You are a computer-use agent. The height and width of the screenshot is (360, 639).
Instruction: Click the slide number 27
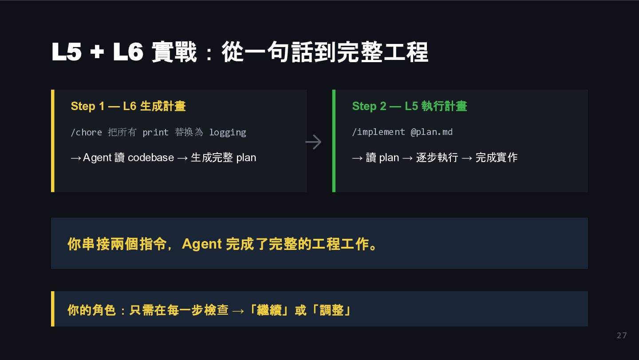pos(622,336)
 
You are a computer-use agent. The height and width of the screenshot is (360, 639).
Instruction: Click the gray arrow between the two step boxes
pos(313,142)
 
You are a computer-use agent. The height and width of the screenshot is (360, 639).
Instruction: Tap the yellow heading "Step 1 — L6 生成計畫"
pos(128,106)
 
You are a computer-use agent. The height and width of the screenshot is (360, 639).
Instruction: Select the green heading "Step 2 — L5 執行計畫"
pos(409,106)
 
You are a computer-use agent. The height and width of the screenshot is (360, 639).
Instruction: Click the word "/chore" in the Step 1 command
pos(86,132)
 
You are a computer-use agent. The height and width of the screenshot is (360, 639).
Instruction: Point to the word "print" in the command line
pos(155,132)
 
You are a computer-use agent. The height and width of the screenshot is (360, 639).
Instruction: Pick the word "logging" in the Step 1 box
pos(227,132)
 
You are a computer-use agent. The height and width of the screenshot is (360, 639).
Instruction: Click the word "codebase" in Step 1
pos(151,158)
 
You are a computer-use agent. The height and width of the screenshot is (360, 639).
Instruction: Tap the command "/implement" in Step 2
pos(378,132)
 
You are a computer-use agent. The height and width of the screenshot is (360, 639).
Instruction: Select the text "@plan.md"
pos(431,132)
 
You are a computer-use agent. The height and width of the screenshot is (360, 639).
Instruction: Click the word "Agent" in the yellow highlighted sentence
pos(201,244)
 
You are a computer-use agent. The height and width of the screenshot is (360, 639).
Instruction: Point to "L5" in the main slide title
pos(67,52)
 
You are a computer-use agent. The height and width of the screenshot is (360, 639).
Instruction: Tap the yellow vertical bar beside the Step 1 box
pos(53,141)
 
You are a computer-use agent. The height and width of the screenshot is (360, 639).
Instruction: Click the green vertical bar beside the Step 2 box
pos(334,141)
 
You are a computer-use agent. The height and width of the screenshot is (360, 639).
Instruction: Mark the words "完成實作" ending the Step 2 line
pos(496,158)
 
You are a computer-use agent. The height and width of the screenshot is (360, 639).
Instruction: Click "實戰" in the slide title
pos(174,52)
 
